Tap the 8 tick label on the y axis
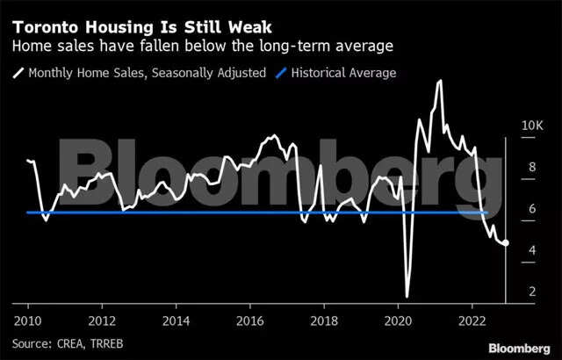tap(529, 167)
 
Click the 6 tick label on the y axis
tap(529, 208)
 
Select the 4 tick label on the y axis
tap(529, 250)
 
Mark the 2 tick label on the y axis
tap(529, 292)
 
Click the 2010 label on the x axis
tap(27, 320)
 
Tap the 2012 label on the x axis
tap(102, 320)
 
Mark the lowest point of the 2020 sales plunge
tap(407, 297)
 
